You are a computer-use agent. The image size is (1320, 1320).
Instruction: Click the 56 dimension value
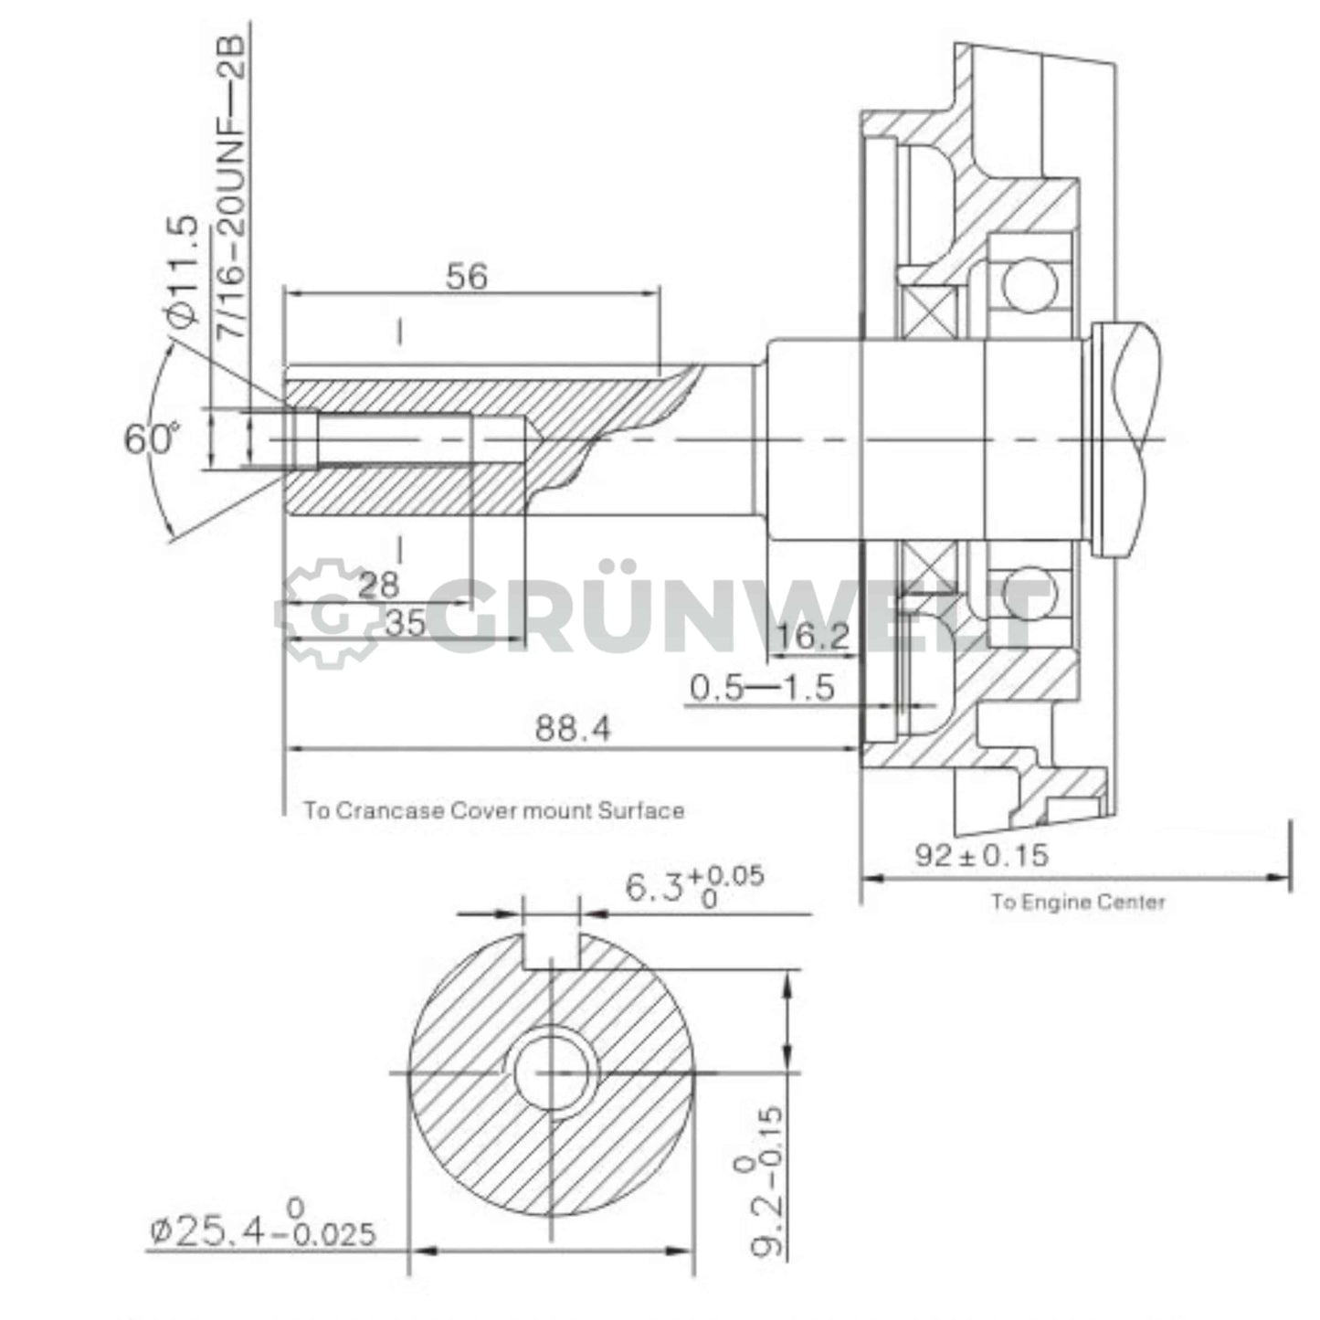coord(467,277)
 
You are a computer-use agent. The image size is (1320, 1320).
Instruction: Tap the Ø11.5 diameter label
coord(183,271)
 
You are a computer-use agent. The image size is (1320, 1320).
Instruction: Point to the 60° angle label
coord(148,439)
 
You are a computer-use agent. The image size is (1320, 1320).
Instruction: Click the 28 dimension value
coord(378,586)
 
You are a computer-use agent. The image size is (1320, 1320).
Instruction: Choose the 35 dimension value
coord(405,624)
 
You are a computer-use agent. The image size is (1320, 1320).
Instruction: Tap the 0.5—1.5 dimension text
coord(761,687)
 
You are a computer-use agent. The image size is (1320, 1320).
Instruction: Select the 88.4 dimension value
coord(573,728)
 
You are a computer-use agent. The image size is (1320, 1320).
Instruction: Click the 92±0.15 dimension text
coord(982,856)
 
